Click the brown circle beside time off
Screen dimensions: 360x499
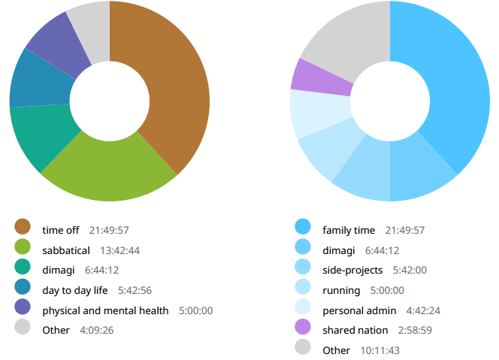point(23,226)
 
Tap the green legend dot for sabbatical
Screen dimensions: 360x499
point(23,247)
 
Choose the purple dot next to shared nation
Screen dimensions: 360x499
point(303,327)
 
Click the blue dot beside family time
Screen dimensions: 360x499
point(303,226)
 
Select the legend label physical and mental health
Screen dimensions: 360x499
point(106,310)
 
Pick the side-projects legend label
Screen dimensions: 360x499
point(352,270)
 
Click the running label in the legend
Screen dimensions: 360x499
point(341,290)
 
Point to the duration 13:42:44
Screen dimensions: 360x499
point(120,250)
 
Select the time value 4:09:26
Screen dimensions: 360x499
point(97,331)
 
